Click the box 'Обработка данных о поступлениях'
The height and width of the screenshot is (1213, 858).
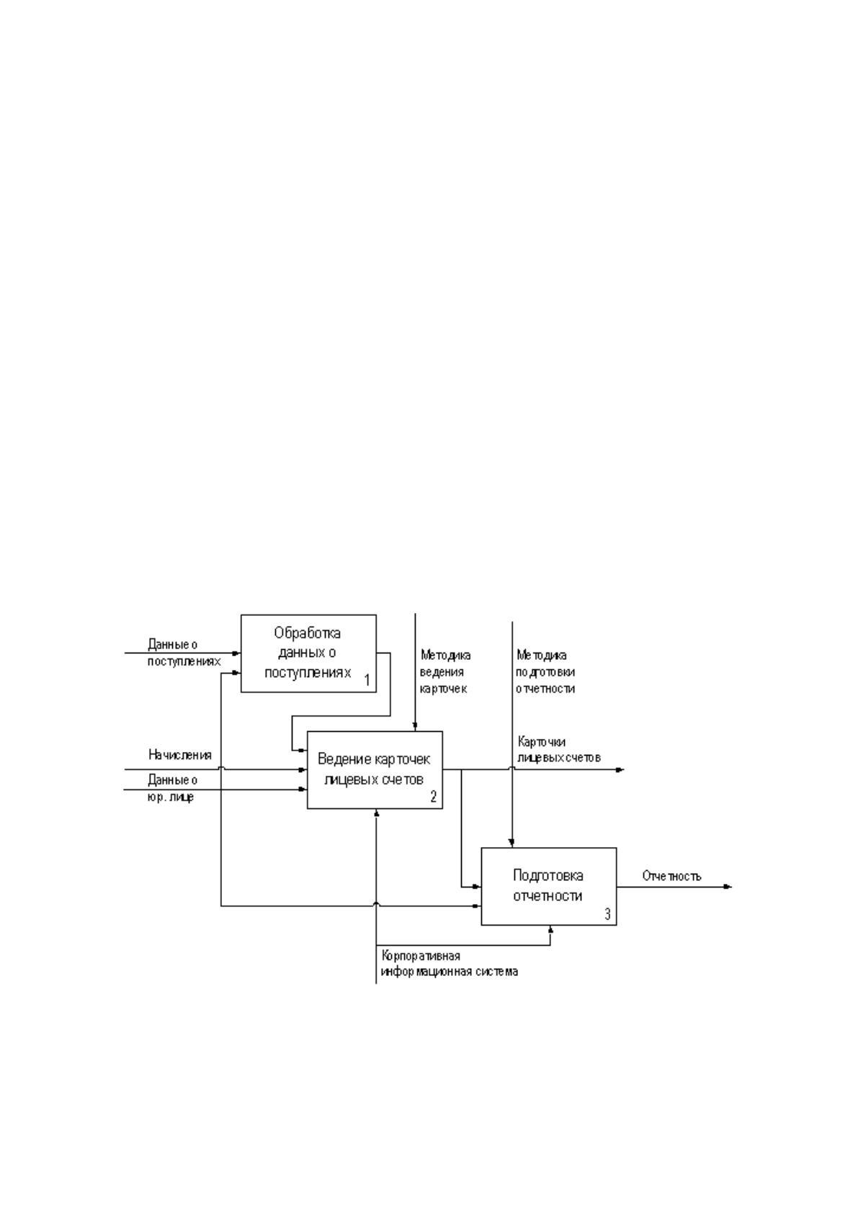pyautogui.click(x=308, y=653)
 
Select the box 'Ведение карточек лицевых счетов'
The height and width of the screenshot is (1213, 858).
pyautogui.click(x=375, y=770)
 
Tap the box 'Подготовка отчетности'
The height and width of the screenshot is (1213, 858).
pyautogui.click(x=549, y=887)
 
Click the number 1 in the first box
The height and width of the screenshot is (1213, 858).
pyautogui.click(x=367, y=680)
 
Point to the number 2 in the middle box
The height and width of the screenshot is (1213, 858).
pyautogui.click(x=434, y=797)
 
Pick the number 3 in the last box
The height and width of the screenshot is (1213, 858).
pyautogui.click(x=607, y=913)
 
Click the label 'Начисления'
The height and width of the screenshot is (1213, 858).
pyautogui.click(x=180, y=755)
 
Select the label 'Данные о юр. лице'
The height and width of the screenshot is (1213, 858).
pyautogui.click(x=172, y=789)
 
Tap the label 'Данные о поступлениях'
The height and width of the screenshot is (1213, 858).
pyautogui.click(x=184, y=653)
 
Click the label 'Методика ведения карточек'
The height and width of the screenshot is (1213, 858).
pyautogui.click(x=445, y=672)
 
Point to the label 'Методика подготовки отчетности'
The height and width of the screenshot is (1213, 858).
pyautogui.click(x=545, y=672)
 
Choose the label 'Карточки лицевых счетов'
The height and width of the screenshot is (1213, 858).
pyautogui.click(x=559, y=749)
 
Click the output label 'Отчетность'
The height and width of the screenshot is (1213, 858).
pyautogui.click(x=671, y=876)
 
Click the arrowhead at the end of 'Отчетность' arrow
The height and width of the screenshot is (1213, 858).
pyautogui.click(x=728, y=887)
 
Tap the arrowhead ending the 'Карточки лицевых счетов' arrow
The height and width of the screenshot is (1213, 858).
pyautogui.click(x=620, y=769)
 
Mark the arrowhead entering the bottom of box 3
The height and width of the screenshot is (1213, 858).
pyautogui.click(x=551, y=930)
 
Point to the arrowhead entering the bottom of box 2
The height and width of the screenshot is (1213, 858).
pyautogui.click(x=377, y=813)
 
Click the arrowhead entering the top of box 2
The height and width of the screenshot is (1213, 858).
pyautogui.click(x=415, y=727)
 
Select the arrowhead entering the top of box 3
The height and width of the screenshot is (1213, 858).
pyautogui.click(x=512, y=843)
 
